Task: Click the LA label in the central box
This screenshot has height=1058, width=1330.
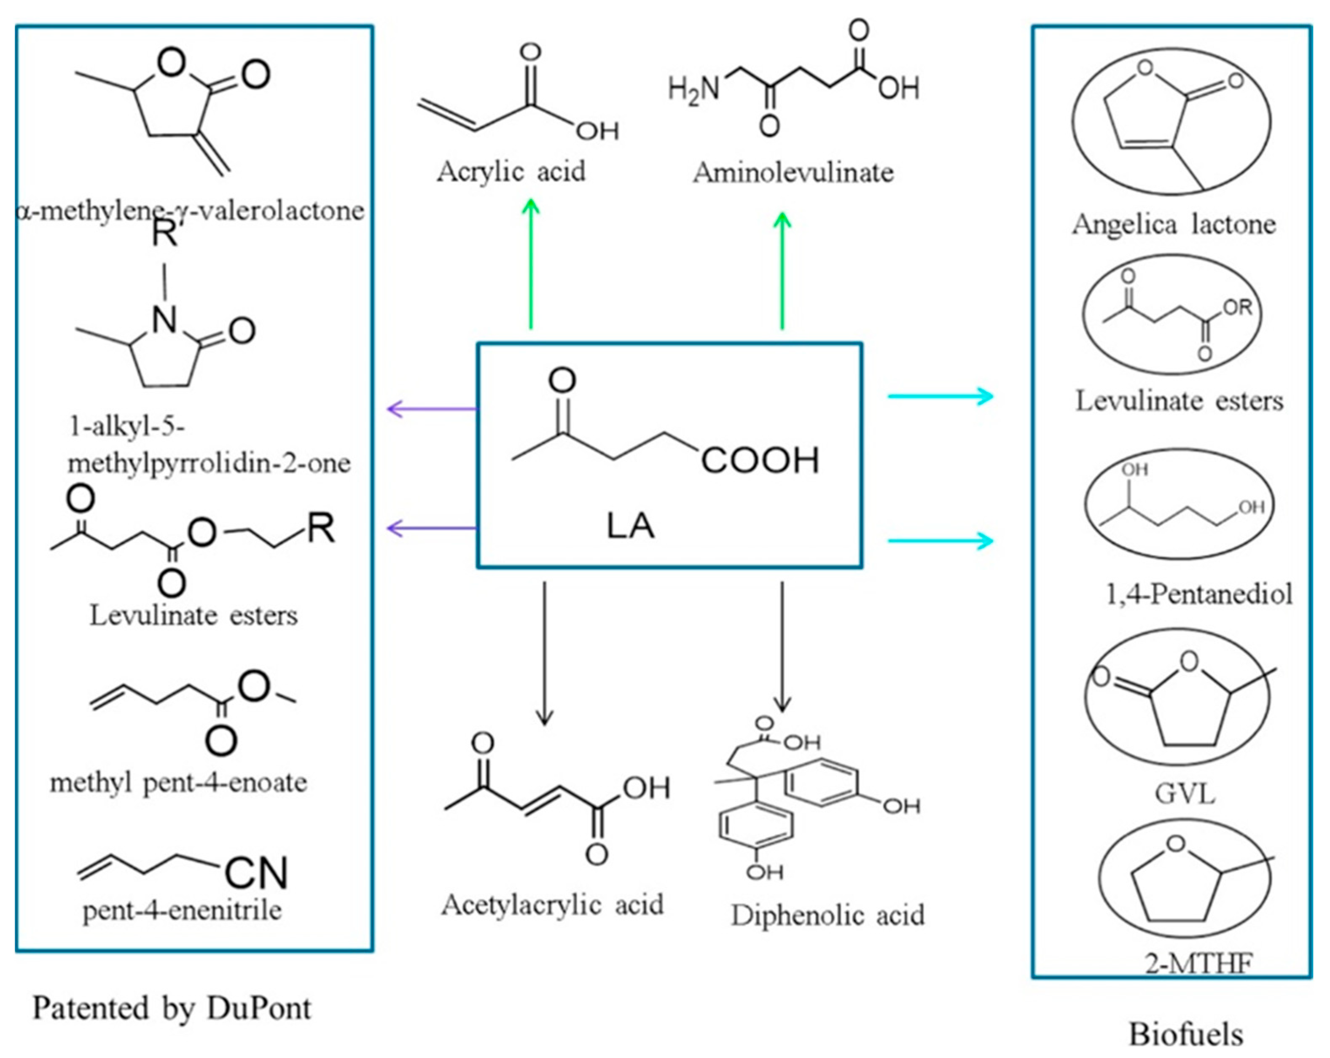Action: [630, 526]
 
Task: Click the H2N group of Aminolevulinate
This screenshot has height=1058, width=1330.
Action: [694, 88]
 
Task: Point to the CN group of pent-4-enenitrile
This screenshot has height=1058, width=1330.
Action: [256, 873]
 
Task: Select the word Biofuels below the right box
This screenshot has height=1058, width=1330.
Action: [1186, 1034]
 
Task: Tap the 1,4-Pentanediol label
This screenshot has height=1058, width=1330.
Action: [1198, 594]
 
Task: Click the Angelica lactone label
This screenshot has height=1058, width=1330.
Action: [1173, 224]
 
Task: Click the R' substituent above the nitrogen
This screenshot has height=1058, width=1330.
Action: [165, 234]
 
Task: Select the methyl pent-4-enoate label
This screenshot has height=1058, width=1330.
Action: [178, 783]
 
